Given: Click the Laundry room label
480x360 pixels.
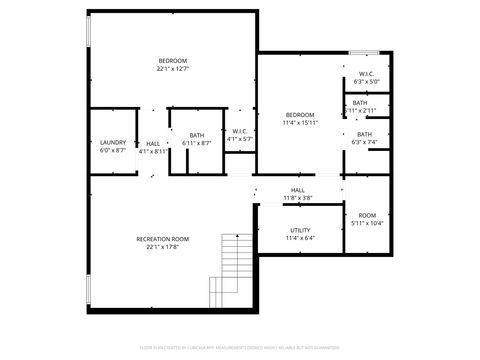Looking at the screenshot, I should [113, 142].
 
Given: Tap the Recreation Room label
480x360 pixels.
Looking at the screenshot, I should [163, 239].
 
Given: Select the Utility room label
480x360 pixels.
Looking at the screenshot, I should [300, 230].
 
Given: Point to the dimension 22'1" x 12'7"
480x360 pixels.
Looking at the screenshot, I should [172, 69].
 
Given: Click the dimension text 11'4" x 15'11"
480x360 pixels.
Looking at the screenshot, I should [300, 122].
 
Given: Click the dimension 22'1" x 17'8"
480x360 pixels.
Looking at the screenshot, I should [163, 247].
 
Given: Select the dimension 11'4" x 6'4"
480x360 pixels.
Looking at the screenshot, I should [300, 238].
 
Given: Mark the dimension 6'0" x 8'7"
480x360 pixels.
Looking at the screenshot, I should [113, 150].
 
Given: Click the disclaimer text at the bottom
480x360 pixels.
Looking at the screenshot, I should [240, 348].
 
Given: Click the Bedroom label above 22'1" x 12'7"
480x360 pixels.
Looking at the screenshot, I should [172, 61].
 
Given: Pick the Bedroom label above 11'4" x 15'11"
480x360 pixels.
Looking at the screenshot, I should [300, 114].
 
